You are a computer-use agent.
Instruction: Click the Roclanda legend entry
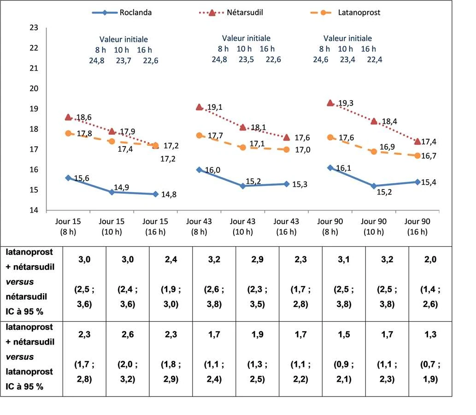122,12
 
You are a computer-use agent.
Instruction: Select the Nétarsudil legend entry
231,12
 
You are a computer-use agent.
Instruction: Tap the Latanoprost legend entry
345,12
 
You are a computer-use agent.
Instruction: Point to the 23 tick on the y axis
34,28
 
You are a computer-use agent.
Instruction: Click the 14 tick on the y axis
34,210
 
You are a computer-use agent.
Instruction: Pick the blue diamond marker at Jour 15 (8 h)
68,178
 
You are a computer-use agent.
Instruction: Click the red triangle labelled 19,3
330,103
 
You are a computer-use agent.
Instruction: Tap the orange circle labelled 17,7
199,136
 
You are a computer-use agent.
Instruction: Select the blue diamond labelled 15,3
287,184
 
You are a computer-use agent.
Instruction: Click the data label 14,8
169,195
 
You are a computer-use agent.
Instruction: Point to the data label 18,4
389,122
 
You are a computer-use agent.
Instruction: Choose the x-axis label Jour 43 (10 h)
242,227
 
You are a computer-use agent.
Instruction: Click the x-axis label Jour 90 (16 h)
417,227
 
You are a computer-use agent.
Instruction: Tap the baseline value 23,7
123,61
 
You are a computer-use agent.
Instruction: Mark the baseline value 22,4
375,59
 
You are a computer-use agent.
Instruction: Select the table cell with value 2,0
430,260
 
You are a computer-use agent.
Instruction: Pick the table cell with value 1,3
430,334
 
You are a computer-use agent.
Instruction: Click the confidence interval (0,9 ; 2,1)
344,372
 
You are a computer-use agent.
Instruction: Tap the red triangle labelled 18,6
68,117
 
